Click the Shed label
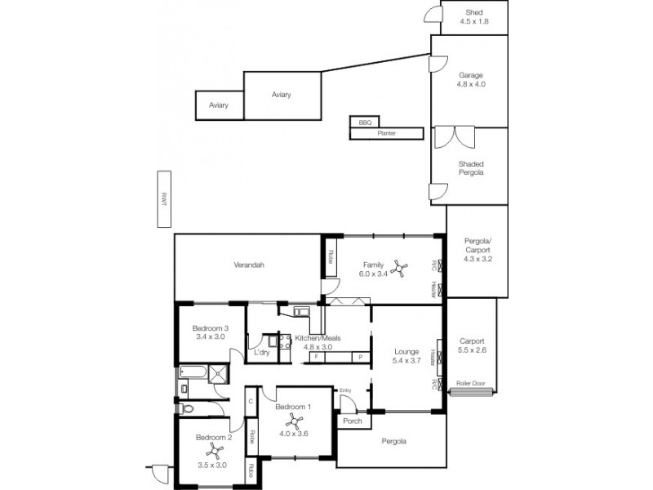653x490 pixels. point(474,12)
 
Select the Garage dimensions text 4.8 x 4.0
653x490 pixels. point(472,83)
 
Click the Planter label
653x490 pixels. point(387,132)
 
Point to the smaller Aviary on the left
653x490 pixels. point(218,105)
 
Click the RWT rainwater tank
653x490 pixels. point(163,199)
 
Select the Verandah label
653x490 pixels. point(249,265)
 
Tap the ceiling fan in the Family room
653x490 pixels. point(399,265)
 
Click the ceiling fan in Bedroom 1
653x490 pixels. point(295,423)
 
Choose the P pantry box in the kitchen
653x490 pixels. point(359,357)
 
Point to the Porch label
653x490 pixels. point(353,422)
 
